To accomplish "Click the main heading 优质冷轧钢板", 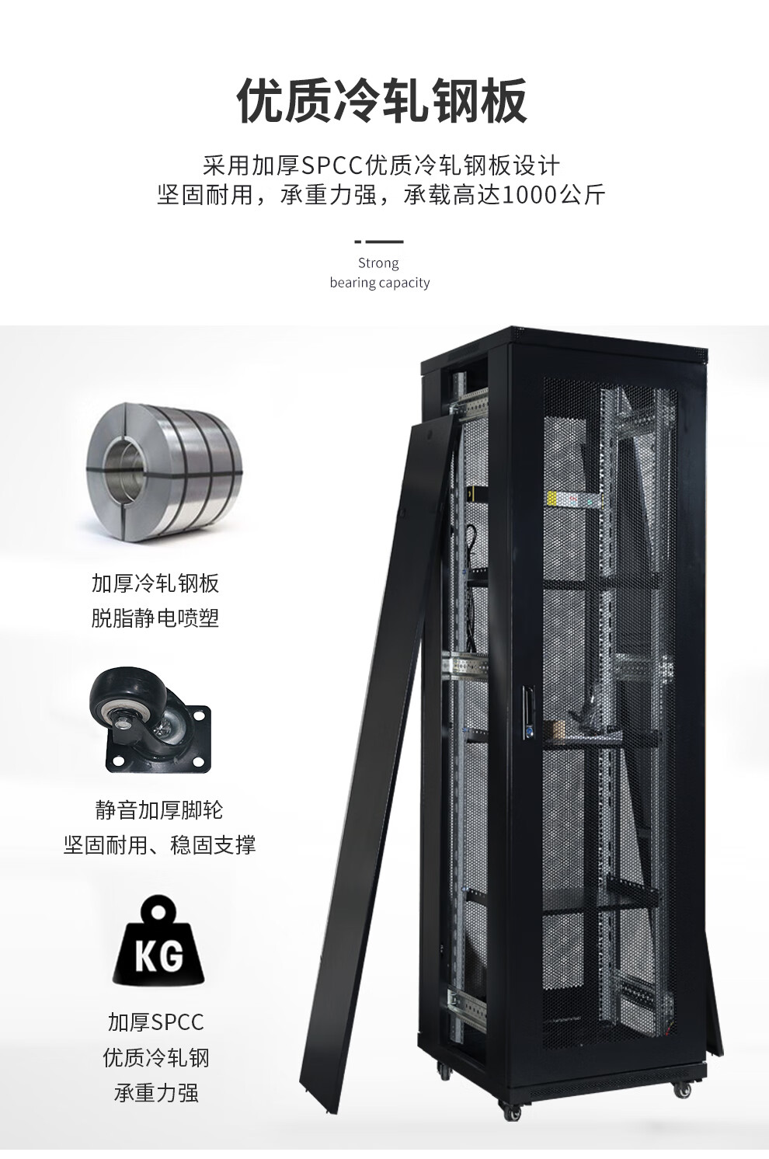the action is (382, 100).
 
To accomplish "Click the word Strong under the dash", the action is (378, 264).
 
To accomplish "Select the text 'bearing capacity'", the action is (380, 283).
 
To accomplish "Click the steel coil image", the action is (165, 472).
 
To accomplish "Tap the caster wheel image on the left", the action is (150, 720).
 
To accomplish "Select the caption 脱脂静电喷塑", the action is (155, 618).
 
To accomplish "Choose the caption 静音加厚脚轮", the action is (159, 810).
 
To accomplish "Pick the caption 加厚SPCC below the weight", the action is (156, 1022).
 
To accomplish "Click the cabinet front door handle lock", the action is (528, 710).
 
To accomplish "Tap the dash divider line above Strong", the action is (379, 242).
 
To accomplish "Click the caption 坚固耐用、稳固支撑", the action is (159, 845).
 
